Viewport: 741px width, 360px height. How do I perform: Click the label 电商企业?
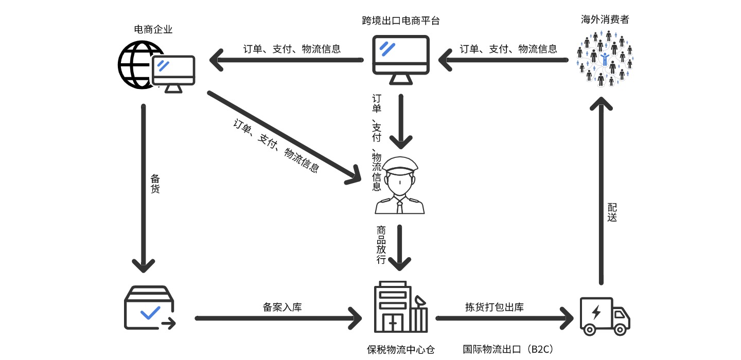click(x=153, y=30)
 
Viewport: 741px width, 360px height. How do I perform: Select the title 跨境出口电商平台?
click(x=401, y=21)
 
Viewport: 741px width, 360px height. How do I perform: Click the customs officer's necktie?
click(x=400, y=206)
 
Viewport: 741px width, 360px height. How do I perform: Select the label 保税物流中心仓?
click(x=400, y=350)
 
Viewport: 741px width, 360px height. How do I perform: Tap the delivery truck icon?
click(x=605, y=316)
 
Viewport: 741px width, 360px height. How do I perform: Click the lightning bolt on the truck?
click(x=596, y=313)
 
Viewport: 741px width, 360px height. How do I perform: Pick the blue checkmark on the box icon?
click(x=150, y=312)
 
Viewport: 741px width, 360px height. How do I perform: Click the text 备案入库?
click(x=282, y=308)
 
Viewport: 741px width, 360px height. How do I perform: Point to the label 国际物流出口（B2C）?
click(x=508, y=350)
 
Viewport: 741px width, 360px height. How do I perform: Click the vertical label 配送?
click(x=612, y=212)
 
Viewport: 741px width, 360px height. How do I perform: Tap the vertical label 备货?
click(x=155, y=184)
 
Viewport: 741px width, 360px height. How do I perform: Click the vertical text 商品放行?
click(x=381, y=245)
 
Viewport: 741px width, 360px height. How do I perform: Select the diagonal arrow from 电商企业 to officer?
click(x=284, y=136)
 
